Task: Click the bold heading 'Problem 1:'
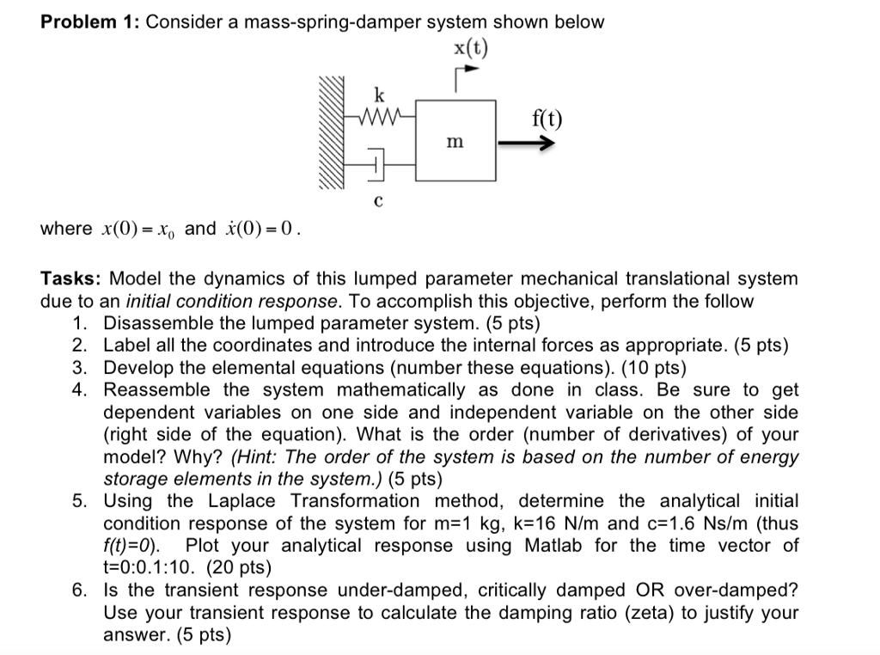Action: point(90,22)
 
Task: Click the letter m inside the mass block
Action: point(456,141)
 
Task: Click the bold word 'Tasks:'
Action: point(72,279)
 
